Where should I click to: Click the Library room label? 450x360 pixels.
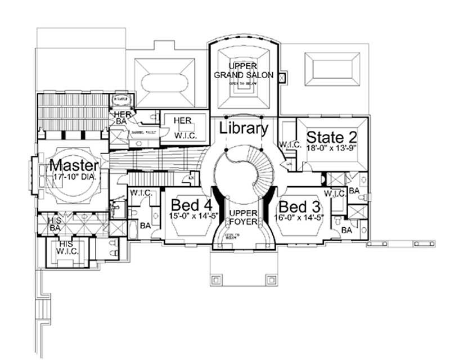pos(243,128)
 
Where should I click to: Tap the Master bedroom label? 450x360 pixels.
pos(74,166)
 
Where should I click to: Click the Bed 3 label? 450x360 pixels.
pos(298,204)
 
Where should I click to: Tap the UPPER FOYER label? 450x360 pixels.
pos(243,217)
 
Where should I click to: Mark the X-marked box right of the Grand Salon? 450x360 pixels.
pos(282,76)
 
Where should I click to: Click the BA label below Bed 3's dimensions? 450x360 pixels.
pos(346,230)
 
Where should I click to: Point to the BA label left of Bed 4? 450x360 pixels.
pos(144,225)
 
